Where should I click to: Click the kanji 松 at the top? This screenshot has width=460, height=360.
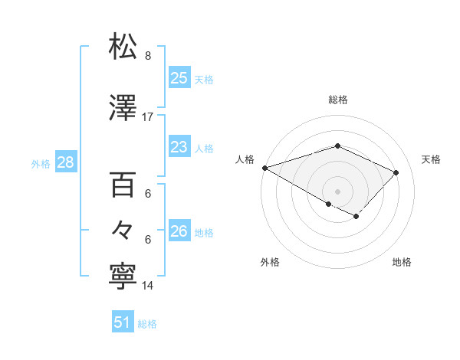pos(125,47)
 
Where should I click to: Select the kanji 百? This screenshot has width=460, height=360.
pos(125,185)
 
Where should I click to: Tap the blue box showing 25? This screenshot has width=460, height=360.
pos(179,78)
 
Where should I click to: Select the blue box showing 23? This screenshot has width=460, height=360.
pos(179,147)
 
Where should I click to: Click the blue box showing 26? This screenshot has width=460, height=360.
pos(179,231)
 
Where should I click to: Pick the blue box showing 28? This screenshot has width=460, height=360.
pos(64,162)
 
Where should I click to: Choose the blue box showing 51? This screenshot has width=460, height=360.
pos(123,322)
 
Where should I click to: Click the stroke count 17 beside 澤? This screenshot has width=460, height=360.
pos(148,117)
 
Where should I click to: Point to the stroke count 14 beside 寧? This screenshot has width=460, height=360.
pos(148,286)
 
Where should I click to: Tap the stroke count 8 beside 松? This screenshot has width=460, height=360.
pos(148,56)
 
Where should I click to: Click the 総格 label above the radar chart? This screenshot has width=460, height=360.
pos(338,100)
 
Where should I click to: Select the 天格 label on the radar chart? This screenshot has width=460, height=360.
pos(432,159)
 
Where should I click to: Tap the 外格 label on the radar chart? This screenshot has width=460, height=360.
pos(270,262)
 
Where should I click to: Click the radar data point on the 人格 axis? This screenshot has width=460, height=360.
pos(264,168)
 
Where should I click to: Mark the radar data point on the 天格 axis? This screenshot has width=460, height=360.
pos(396,172)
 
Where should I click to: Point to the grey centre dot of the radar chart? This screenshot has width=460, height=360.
pos(337,191)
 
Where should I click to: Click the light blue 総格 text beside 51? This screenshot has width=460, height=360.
pos(147,324)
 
